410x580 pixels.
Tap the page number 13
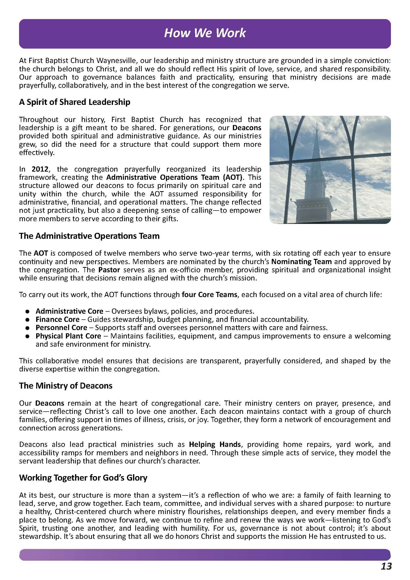click(x=386, y=566)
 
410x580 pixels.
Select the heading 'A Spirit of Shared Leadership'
click(x=75, y=102)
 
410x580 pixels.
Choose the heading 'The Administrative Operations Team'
click(x=89, y=236)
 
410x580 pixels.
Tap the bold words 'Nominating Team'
click(x=301, y=262)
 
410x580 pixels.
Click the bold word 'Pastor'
click(x=109, y=270)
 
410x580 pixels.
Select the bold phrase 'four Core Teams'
click(x=209, y=295)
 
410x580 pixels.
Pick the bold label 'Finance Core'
click(x=57, y=319)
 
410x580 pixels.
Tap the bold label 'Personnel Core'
click(x=61, y=328)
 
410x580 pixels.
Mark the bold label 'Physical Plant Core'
click(x=68, y=336)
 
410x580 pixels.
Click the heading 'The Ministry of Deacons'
click(x=66, y=386)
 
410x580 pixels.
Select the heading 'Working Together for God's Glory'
click(x=83, y=478)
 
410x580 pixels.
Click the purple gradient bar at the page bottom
click(x=205, y=554)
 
